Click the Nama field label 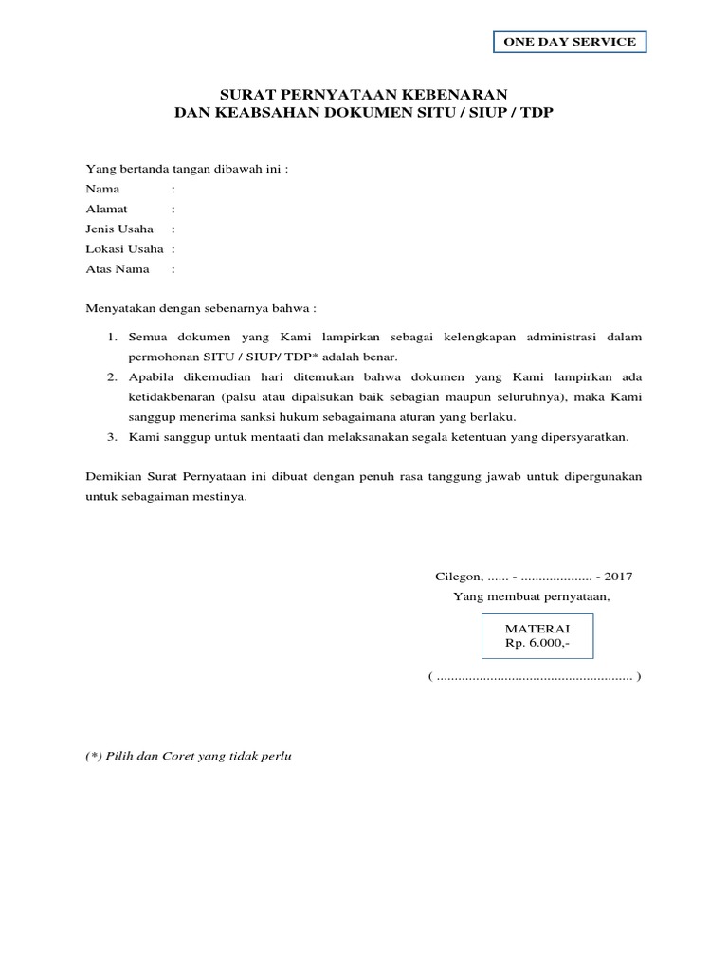click(x=102, y=189)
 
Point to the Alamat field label click(x=107, y=209)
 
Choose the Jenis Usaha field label click(x=119, y=229)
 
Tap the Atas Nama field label click(x=118, y=269)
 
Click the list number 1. click(x=110, y=337)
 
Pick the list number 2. click(x=110, y=377)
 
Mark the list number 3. click(x=110, y=437)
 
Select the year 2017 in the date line click(x=618, y=576)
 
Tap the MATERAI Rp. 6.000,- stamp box click(x=537, y=635)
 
